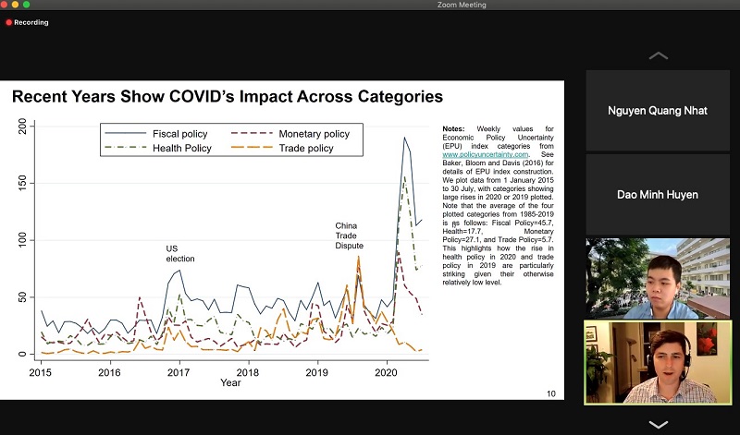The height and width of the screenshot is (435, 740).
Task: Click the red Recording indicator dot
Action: tap(9, 21)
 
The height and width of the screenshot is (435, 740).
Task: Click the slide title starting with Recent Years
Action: tap(227, 96)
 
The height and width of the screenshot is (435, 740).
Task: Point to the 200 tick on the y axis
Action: tap(23, 125)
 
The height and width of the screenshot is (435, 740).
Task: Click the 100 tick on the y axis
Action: tap(23, 240)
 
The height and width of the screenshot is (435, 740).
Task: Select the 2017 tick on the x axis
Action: tap(179, 372)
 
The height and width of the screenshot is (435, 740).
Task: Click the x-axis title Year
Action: tap(230, 382)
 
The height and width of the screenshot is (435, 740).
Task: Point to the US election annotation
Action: tap(180, 253)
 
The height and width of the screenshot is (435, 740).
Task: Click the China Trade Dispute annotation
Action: tap(349, 235)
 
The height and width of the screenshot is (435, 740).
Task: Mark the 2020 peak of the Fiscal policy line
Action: tap(404, 138)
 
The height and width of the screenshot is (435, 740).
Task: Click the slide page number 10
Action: tap(551, 393)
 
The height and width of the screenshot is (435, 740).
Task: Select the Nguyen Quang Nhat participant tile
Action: tap(658, 111)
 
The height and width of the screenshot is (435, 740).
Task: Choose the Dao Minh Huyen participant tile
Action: tap(658, 194)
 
